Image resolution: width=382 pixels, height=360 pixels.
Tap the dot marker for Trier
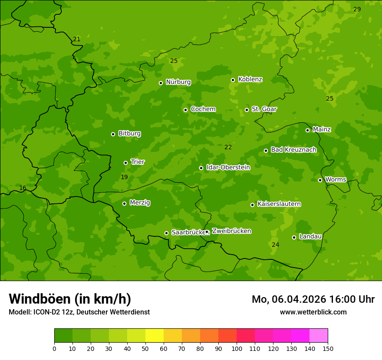[126, 163]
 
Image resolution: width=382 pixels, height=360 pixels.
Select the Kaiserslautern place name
[279, 204]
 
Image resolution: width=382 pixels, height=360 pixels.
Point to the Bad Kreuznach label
[293, 150]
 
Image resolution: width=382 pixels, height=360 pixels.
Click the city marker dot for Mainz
[307, 130]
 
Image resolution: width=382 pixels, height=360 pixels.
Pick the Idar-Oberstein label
[228, 167]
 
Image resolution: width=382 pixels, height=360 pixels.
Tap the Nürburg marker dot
[161, 83]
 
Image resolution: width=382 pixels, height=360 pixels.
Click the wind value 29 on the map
[357, 9]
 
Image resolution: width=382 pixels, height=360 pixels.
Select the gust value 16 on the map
[23, 188]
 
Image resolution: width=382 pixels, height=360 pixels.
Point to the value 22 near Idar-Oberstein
[228, 147]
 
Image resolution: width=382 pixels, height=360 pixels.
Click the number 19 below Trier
[124, 177]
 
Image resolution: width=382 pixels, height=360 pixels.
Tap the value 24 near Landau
[275, 245]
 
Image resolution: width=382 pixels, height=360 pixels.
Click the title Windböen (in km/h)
[70, 299]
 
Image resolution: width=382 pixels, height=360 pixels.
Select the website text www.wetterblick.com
[313, 312]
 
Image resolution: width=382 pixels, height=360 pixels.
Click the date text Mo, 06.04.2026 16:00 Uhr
[313, 299]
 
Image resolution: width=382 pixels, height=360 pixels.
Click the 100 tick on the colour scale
[237, 348]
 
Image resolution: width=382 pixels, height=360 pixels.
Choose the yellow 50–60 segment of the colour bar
[155, 336]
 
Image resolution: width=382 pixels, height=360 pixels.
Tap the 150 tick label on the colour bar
[328, 348]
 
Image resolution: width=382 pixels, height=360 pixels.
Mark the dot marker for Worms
[320, 180]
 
